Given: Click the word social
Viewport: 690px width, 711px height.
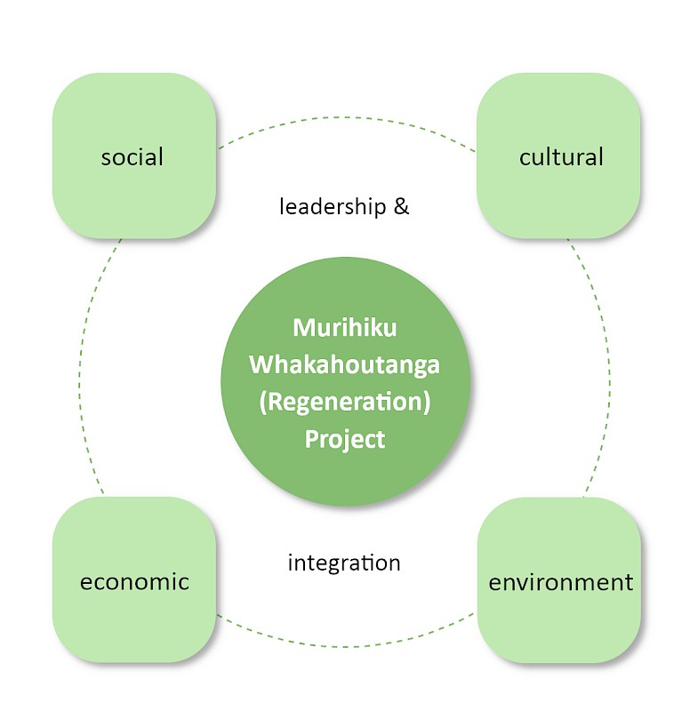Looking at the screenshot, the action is [x=132, y=157].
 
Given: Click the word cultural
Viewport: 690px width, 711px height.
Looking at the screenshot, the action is [x=561, y=157].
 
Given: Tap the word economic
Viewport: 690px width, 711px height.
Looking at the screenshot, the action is [x=134, y=582].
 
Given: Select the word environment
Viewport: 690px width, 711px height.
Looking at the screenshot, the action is [x=561, y=582].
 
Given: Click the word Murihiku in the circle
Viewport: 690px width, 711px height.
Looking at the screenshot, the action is [x=345, y=327].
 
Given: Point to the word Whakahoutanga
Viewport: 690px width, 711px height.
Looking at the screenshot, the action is [x=345, y=364].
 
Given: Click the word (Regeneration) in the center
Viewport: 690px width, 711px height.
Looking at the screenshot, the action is [x=345, y=403].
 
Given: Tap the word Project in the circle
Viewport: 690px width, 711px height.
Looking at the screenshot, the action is [x=345, y=439].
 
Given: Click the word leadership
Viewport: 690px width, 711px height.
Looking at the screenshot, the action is [x=333, y=207].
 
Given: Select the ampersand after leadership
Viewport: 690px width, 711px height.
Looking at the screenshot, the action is [x=402, y=207].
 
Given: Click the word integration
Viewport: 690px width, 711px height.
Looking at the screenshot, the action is [x=344, y=563].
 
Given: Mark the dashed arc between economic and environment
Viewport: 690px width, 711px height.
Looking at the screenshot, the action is [x=345, y=647].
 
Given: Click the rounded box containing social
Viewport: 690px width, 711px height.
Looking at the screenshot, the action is [x=134, y=156].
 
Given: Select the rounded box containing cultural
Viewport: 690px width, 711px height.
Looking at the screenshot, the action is [x=558, y=156].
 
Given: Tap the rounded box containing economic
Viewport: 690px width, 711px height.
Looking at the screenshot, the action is [x=134, y=580].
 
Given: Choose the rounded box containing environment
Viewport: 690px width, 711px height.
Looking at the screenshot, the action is [x=559, y=580].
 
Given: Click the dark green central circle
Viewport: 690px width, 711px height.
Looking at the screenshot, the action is [x=345, y=381].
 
